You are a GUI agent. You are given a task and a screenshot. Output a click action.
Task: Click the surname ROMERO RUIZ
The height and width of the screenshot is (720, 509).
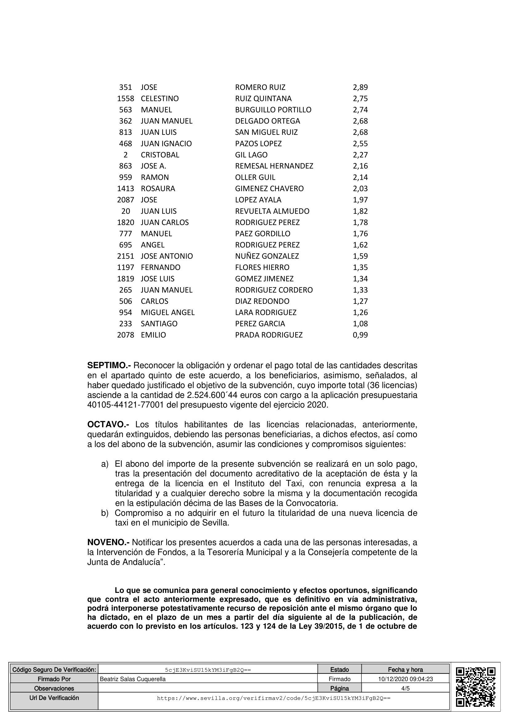coord(260,87)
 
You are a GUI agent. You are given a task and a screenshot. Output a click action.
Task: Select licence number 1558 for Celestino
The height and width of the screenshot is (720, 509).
coord(125,99)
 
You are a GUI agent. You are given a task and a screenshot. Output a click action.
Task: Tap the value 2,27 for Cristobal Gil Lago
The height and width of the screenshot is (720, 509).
coord(360,155)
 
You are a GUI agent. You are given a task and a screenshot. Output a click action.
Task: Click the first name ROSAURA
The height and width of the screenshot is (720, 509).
coord(158,188)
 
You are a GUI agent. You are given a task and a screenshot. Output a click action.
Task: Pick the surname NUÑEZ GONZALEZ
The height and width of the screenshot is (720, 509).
coord(267,256)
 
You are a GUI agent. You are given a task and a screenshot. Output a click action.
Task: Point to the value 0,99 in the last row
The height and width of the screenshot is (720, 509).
coord(360,335)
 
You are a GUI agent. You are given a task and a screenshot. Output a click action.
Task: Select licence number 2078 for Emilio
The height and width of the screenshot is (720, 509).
coord(125,335)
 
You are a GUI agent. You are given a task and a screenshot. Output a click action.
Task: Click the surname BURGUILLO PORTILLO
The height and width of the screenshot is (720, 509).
coord(273,110)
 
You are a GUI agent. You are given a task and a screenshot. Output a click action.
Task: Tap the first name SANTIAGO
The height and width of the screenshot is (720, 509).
coord(159,324)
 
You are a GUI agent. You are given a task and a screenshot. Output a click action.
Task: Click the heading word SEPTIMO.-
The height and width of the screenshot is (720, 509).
coord(109,365)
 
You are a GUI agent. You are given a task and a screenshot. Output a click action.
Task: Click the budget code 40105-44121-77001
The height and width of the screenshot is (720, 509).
coord(125,405)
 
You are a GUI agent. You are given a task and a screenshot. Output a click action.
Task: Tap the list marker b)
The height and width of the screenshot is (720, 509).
coord(104,513)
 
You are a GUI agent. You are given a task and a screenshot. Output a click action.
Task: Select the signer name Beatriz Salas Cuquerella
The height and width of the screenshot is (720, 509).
coord(133,679)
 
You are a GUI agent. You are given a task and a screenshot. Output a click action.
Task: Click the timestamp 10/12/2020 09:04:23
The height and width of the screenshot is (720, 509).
coord(405,679)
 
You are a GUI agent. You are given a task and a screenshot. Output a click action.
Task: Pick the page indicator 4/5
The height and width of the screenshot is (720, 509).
coord(405,688)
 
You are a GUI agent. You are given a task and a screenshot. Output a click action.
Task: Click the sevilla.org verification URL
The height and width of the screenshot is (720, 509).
coord(273,698)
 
